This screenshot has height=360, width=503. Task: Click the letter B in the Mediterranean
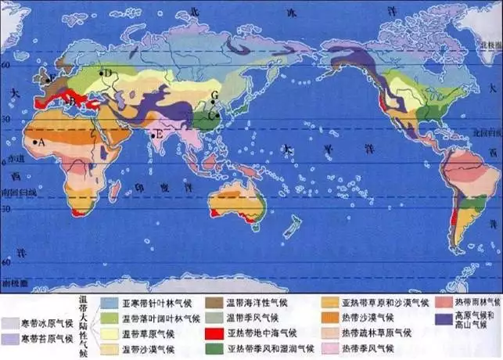pyautogui.click(x=72, y=101)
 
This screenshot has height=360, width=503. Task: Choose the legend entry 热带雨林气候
pyautogui.click(x=472, y=302)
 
